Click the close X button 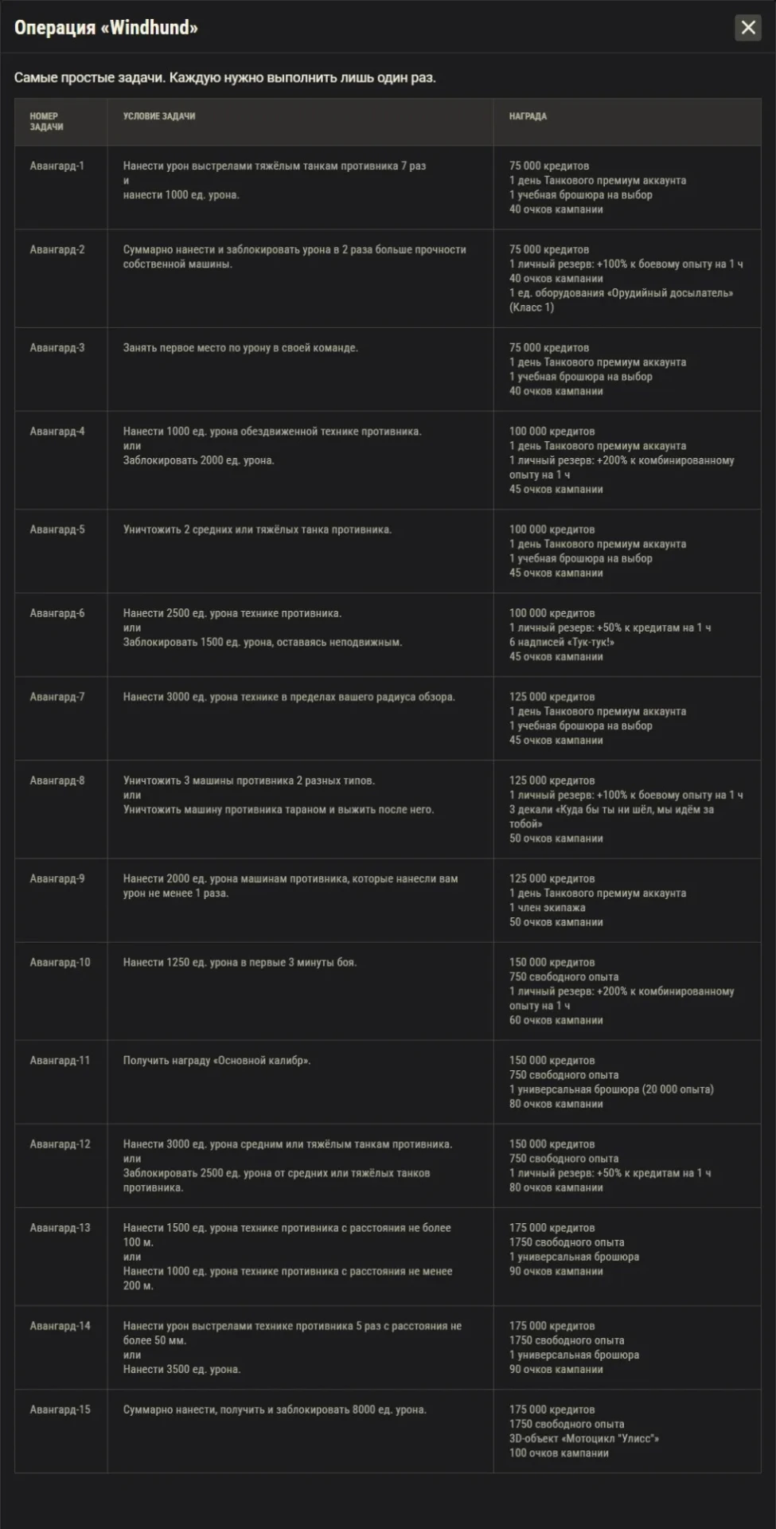747,28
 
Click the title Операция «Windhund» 106,28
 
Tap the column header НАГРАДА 528,116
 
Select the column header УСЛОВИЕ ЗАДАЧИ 159,116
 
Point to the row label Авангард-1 57,166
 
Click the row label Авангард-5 57,530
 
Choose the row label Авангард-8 57,780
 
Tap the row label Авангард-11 60,1061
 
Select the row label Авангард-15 60,1410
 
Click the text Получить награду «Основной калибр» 216,1061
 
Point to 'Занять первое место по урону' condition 240,348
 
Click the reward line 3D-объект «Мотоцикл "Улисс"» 584,1438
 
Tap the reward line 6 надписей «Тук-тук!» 561,642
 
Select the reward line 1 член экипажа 547,908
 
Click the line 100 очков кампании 559,1453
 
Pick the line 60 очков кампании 556,1020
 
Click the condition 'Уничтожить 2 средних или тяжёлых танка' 257,530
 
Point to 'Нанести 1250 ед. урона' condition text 240,963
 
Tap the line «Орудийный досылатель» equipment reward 621,293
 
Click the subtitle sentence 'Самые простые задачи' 225,78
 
